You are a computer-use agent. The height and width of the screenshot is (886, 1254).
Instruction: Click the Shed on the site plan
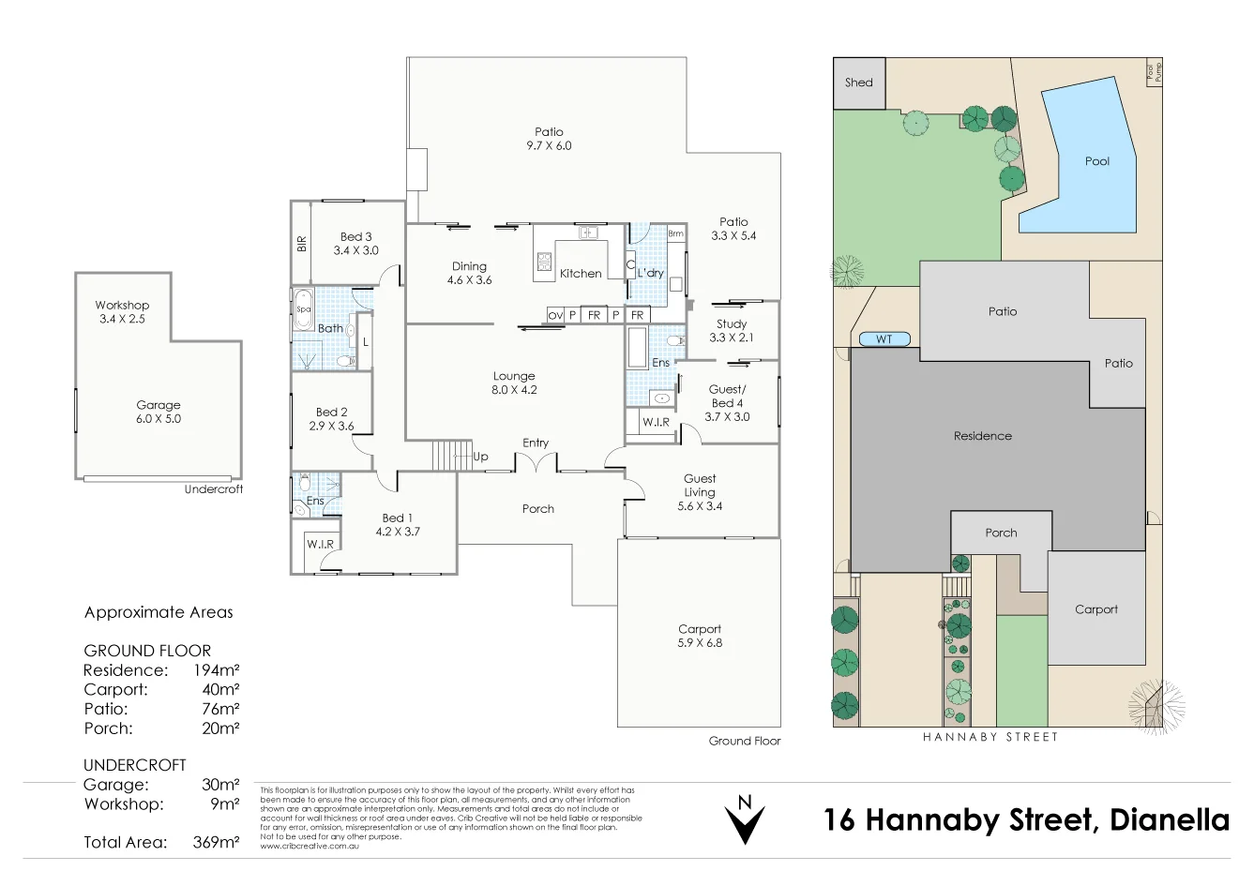858,83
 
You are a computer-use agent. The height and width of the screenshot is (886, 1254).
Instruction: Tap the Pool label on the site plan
1096,161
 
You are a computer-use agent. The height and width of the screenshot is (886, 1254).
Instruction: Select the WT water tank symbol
884,339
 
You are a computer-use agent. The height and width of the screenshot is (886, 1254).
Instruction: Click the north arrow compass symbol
745,820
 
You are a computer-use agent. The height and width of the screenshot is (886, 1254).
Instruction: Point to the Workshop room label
122,306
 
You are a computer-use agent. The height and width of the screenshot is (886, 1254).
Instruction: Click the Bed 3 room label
355,237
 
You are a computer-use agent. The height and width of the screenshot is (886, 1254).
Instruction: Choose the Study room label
732,324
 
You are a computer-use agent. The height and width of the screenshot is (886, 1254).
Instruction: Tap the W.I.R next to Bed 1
320,544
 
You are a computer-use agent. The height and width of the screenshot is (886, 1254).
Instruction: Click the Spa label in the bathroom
303,309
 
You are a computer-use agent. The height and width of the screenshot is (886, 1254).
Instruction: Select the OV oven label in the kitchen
555,316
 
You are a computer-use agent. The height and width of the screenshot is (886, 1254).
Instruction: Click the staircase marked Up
451,456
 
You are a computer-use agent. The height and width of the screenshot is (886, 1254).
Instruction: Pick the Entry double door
536,463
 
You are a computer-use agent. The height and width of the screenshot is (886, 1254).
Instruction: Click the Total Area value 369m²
216,842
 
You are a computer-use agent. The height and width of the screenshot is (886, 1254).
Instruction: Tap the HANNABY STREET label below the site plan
990,737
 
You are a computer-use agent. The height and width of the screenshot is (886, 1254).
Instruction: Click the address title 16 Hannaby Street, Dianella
1026,820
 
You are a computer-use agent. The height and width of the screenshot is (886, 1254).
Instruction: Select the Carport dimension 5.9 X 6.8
700,643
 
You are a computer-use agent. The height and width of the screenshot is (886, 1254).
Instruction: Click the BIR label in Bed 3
302,244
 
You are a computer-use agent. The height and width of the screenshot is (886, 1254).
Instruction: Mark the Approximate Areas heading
159,612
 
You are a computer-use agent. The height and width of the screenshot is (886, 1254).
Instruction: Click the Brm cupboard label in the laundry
676,233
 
